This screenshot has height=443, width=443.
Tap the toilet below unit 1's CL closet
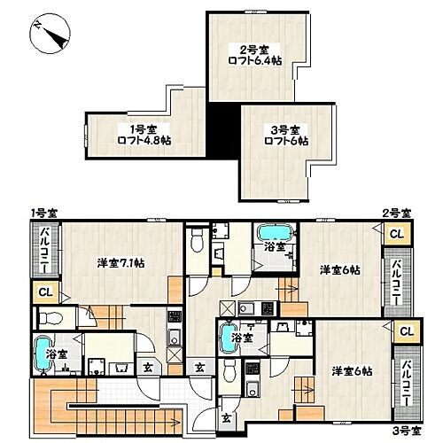pos(51,318)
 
